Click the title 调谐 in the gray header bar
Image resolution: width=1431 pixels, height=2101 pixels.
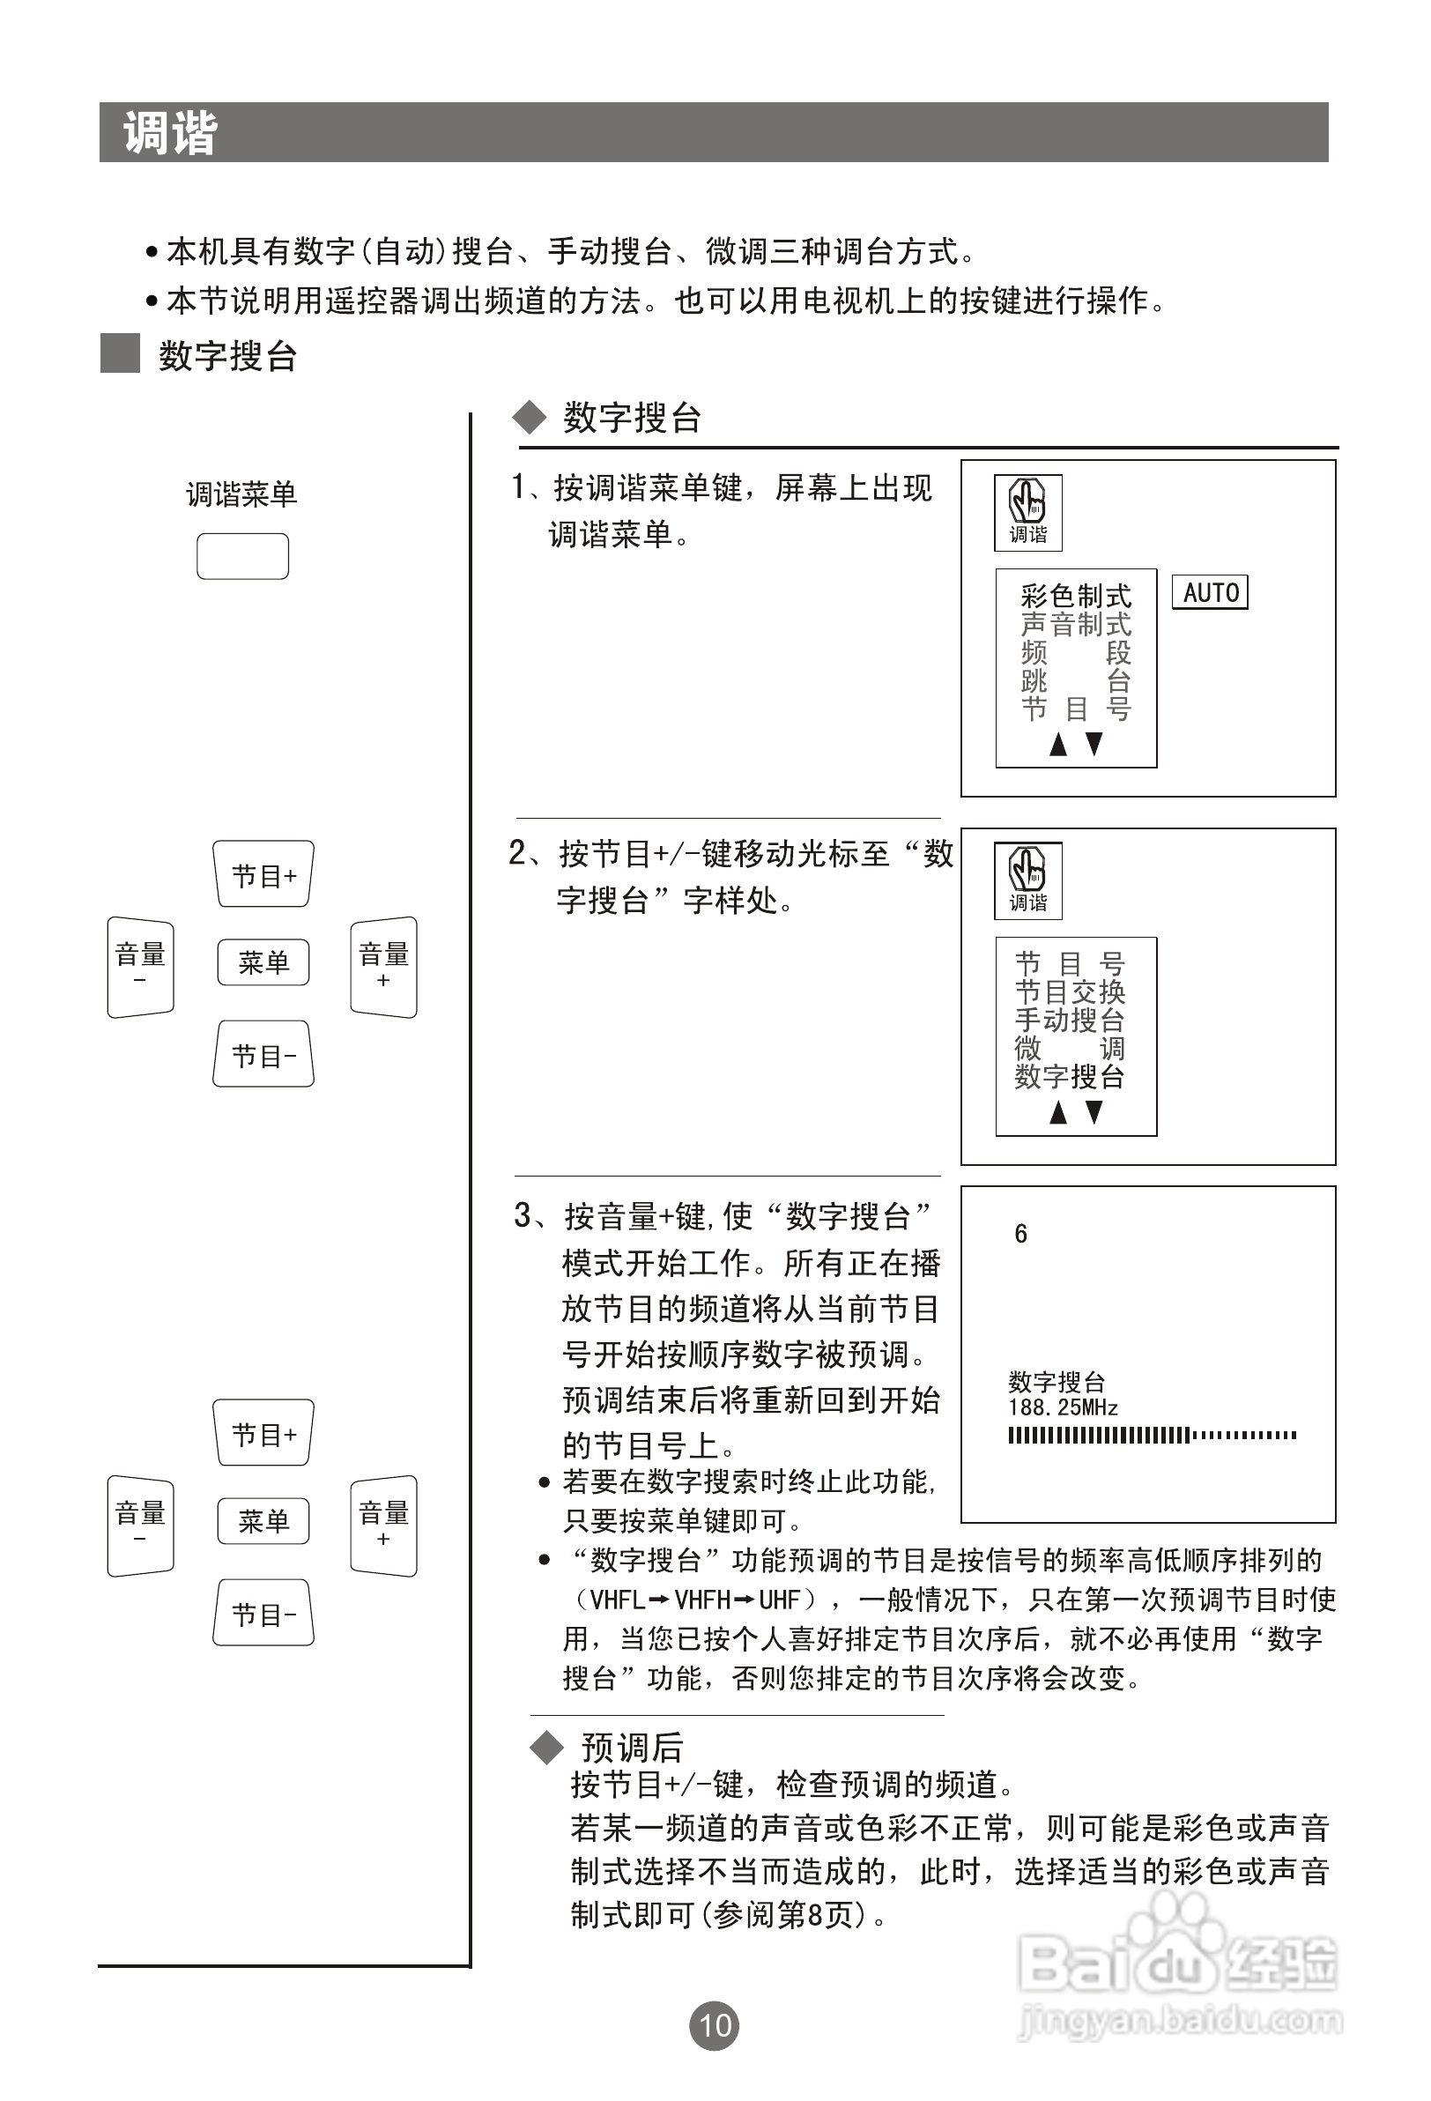[170, 133]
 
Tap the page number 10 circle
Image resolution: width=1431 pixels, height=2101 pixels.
[714, 2025]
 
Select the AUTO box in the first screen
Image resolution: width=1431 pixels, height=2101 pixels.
[1210, 593]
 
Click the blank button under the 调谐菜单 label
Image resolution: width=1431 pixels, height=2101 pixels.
[242, 556]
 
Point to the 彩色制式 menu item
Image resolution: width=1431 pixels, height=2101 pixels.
[1076, 597]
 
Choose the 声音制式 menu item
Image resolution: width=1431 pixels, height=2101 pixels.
[1076, 625]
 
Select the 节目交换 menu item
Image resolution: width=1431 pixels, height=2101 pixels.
[1070, 992]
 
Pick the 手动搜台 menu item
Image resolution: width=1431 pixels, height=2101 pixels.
[1070, 1021]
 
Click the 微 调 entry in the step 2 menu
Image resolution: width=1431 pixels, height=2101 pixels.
[1070, 1049]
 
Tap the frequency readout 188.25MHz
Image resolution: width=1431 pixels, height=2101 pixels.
[1063, 1407]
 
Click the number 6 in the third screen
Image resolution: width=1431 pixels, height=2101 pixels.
[1020, 1234]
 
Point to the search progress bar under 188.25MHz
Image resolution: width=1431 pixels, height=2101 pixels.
[1152, 1435]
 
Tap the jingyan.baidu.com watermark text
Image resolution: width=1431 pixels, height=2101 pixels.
[1180, 2020]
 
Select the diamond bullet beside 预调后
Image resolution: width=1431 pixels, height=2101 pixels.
[546, 1748]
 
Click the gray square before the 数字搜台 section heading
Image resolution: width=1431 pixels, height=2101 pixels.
[119, 353]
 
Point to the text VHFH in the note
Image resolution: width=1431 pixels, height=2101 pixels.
[702, 1600]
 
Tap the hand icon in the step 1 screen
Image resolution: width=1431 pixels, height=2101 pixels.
[1027, 501]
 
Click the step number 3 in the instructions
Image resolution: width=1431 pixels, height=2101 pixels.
[523, 1216]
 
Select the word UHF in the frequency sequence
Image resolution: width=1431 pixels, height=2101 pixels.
[779, 1600]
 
